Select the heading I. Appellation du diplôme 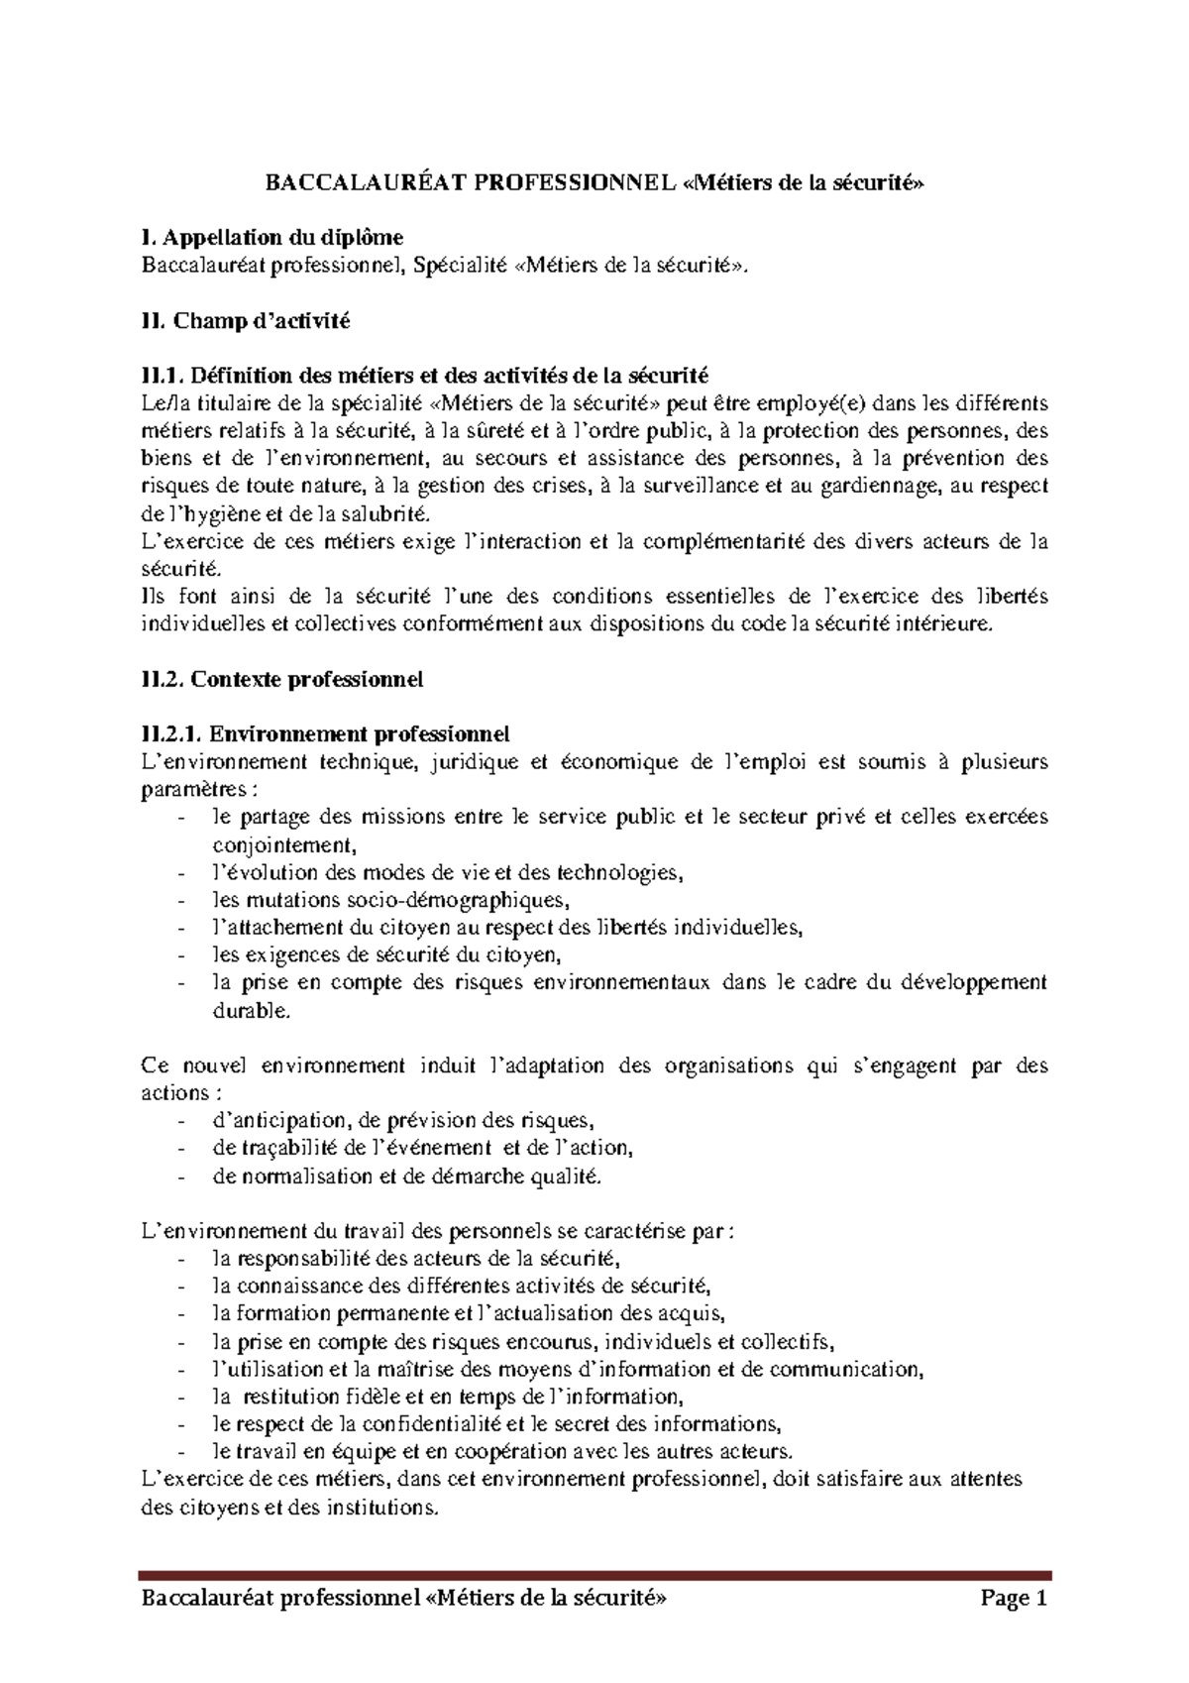272,237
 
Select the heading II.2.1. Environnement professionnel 325,734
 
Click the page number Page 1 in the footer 1014,1599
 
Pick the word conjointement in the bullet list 281,845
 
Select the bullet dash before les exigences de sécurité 180,955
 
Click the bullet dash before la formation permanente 180,1314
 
